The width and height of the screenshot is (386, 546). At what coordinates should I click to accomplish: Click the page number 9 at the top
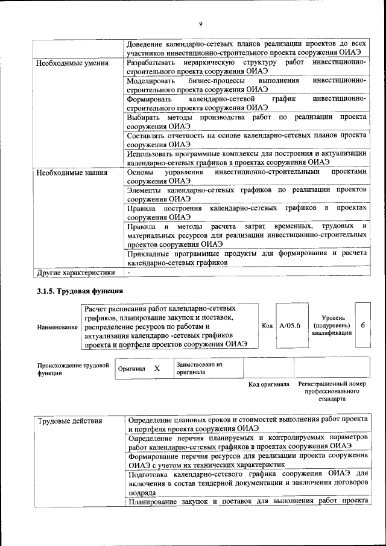(201, 24)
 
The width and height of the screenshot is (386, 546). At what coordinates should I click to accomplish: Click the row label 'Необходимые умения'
(72, 63)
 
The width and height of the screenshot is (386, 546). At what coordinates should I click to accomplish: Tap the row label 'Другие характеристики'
(75, 272)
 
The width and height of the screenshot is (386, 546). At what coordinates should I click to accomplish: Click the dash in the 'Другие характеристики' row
(128, 272)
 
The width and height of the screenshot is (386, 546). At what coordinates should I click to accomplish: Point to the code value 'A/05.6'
(289, 326)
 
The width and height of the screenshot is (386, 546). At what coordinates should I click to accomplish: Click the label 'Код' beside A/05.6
(267, 326)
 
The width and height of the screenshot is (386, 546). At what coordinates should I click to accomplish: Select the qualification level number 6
(362, 326)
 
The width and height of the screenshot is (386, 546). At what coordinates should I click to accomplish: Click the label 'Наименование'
(57, 327)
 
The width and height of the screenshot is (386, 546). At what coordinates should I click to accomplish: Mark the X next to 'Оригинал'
(157, 368)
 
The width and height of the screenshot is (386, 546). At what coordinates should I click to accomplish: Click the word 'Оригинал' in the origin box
(131, 369)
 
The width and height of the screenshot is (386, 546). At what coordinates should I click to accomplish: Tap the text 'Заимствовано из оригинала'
(200, 368)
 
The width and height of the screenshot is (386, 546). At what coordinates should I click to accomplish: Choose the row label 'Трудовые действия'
(70, 421)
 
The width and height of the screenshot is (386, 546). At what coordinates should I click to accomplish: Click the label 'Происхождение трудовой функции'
(72, 369)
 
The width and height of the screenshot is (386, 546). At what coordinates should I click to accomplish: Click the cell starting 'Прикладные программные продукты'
(247, 258)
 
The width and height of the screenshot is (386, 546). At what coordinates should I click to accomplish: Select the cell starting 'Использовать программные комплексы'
(247, 157)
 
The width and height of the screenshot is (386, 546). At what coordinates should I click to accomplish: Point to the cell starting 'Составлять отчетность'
(247, 140)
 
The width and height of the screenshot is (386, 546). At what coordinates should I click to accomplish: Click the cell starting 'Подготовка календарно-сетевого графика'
(247, 483)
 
